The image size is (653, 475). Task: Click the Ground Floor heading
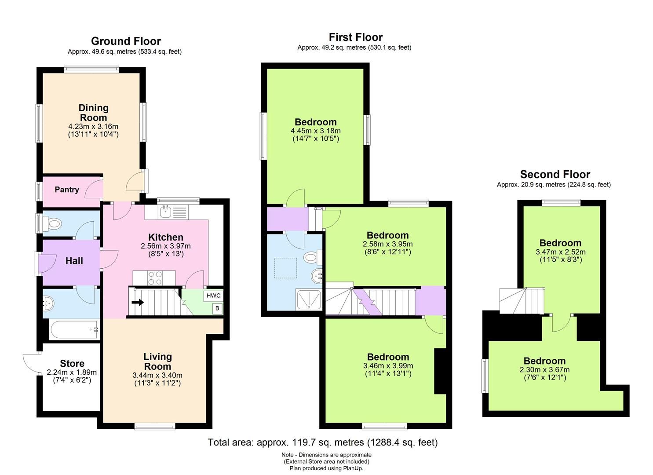coord(126,41)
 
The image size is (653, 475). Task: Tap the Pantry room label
coord(67,190)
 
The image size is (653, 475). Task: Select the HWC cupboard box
coord(213,296)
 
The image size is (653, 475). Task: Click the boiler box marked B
coord(217,309)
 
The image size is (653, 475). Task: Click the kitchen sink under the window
coord(166,212)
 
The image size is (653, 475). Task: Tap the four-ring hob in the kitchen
coord(155,278)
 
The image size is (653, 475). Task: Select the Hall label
coord(74,261)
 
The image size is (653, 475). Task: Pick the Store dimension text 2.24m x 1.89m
coord(72,372)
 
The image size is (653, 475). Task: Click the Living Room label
coord(157,362)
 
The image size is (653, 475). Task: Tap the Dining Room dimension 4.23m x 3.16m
coord(93,126)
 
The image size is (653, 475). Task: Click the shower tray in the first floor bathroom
coord(310,300)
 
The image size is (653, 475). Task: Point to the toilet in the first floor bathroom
coord(313,257)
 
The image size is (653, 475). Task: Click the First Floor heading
coord(355,37)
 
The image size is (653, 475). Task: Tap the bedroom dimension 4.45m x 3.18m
coord(315,131)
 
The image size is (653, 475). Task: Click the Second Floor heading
coord(555,174)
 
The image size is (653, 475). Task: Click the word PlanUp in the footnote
coord(354,468)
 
